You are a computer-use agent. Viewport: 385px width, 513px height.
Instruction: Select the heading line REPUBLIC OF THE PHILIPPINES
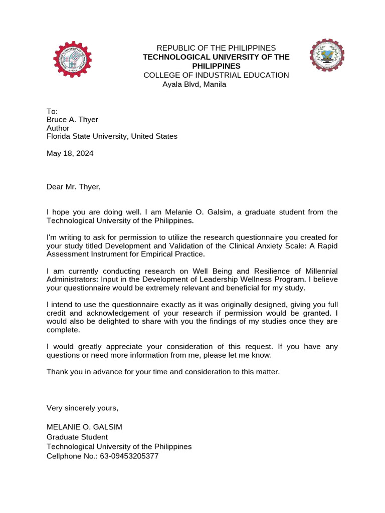coord(216,48)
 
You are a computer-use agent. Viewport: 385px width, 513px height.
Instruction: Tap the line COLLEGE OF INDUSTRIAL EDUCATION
coord(216,75)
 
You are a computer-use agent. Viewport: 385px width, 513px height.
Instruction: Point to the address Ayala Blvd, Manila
coord(194,84)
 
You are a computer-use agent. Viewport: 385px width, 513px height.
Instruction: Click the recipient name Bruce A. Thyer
coord(72,119)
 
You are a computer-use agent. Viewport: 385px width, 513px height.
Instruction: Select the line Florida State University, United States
coord(112,136)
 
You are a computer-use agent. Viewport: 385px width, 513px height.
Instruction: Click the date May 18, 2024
coord(70,153)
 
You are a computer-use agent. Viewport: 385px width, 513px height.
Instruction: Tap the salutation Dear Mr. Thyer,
coord(74,187)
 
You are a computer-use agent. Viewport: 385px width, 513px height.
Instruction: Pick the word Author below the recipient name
coord(58,128)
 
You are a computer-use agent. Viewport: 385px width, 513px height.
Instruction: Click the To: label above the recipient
coord(52,111)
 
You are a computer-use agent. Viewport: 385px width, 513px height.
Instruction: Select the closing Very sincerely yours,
coord(83,408)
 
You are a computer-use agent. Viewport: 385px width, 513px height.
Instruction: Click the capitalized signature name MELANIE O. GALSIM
coord(84,427)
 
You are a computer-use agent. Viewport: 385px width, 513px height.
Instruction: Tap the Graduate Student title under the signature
coord(77,437)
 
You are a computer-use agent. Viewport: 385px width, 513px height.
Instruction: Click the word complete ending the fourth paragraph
coord(63,330)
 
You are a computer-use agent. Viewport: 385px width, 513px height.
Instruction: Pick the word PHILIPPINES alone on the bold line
coord(217,66)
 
